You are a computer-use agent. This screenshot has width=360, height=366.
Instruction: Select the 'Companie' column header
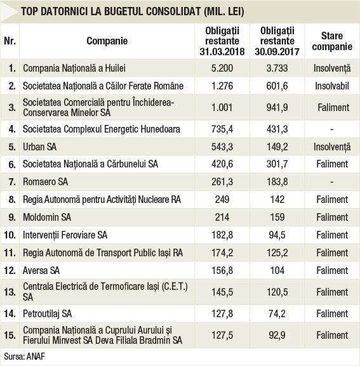[107, 41]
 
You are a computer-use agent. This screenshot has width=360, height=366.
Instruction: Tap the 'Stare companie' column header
[332, 41]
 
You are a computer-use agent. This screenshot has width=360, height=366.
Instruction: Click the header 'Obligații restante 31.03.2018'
[222, 41]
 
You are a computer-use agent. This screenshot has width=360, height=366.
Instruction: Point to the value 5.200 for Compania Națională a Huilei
[222, 68]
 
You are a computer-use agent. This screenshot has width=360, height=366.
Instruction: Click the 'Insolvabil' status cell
[332, 86]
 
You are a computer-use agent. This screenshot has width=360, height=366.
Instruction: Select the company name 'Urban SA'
[40, 147]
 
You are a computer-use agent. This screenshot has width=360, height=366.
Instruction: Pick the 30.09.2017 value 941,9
[277, 108]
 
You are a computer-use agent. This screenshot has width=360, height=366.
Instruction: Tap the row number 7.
[12, 182]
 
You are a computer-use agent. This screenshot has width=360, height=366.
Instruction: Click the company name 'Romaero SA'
[45, 181]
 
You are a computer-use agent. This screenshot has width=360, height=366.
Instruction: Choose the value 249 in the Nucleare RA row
[222, 200]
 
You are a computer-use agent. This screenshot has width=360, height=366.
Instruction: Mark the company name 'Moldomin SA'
[47, 217]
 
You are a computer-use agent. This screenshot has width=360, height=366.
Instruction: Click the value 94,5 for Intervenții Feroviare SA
[277, 235]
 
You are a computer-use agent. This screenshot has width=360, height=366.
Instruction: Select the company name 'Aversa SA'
[41, 270]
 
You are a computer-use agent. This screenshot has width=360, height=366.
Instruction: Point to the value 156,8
[222, 270]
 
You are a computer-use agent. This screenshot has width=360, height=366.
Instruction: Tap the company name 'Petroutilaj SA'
[47, 314]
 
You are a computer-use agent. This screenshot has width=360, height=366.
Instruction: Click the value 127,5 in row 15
[222, 335]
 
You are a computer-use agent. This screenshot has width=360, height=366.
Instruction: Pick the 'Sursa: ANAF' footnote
[24, 356]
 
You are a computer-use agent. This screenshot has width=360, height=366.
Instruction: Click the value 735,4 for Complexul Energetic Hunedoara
[222, 129]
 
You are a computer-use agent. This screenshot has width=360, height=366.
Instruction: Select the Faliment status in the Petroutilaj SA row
[332, 314]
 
